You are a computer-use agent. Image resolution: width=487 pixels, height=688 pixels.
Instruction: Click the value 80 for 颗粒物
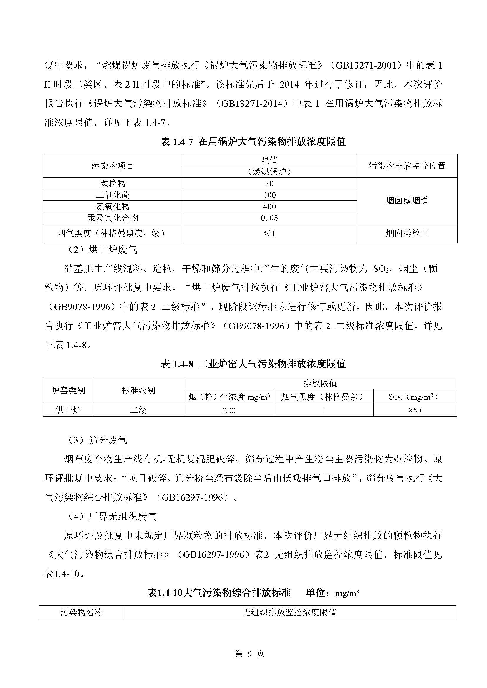click(x=269, y=183)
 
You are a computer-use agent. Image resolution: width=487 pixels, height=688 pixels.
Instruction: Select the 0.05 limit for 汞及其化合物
click(x=269, y=218)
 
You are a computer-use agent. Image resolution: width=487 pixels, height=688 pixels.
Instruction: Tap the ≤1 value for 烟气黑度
click(x=269, y=233)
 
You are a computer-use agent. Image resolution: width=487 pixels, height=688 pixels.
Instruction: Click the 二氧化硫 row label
click(x=112, y=195)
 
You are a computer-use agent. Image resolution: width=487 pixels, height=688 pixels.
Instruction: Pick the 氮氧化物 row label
click(x=112, y=206)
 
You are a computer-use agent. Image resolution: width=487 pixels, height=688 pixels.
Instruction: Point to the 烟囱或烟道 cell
click(x=407, y=201)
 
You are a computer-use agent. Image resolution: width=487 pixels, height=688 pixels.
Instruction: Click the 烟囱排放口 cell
click(x=407, y=233)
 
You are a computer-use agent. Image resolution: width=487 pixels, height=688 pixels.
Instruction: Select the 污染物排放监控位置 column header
click(x=407, y=166)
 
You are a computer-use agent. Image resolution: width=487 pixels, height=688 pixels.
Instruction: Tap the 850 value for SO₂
click(x=415, y=410)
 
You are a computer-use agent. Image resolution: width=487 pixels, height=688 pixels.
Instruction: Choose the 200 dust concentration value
click(x=229, y=410)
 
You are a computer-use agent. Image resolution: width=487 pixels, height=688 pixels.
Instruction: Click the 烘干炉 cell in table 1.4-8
click(x=68, y=410)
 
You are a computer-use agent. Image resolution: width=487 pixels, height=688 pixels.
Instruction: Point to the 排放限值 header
click(x=320, y=383)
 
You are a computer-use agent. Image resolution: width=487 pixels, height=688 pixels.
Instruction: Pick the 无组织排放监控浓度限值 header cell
click(x=289, y=612)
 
